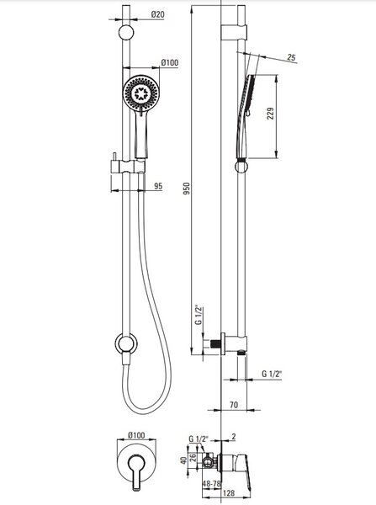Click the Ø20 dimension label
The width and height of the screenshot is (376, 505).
coord(158,14)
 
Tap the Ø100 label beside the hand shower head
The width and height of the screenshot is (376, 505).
coord(170,62)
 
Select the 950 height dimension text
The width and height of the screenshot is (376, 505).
coord(187,189)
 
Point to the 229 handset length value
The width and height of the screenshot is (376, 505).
coord(270,114)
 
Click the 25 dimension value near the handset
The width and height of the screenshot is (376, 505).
coord(291,57)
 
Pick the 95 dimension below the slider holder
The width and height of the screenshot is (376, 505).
coord(158,186)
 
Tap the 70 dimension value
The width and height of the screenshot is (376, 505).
coord(234,405)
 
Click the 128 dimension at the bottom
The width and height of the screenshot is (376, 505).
coord(229,493)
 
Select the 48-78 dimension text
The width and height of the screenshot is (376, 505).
coord(211,484)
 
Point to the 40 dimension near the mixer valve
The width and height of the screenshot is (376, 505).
coord(183,460)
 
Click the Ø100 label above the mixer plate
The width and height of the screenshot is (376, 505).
coord(136,435)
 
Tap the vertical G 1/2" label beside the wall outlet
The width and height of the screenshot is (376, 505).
coord(199,315)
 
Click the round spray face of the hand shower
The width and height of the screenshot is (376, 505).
coord(141,93)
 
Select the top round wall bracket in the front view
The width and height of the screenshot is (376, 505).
coord(126,33)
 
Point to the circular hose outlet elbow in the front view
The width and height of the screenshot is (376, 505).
coord(126,343)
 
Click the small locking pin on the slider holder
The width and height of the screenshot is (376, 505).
coord(114,156)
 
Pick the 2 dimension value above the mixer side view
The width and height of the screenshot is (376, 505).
coord(234,437)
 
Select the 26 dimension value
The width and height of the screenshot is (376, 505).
coord(192,457)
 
